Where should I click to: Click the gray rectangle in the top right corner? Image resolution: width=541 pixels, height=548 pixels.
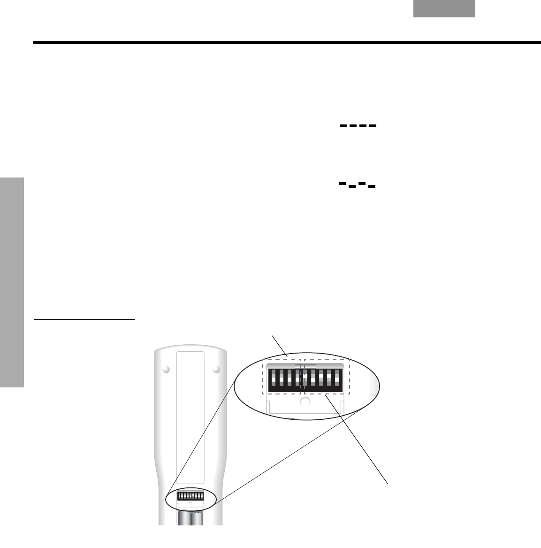pyautogui.click(x=444, y=9)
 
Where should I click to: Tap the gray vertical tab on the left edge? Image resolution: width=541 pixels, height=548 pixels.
pyautogui.click(x=12, y=282)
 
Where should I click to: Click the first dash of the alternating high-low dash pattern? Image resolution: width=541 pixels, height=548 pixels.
pyautogui.click(x=343, y=184)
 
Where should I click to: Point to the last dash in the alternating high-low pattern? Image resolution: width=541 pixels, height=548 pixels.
pyautogui.click(x=372, y=186)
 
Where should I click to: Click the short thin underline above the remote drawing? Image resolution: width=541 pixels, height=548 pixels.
pyautogui.click(x=84, y=320)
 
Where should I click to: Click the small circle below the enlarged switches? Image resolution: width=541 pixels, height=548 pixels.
pyautogui.click(x=305, y=401)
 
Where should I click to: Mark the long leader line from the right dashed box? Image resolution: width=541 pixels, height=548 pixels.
pyautogui.click(x=357, y=439)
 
